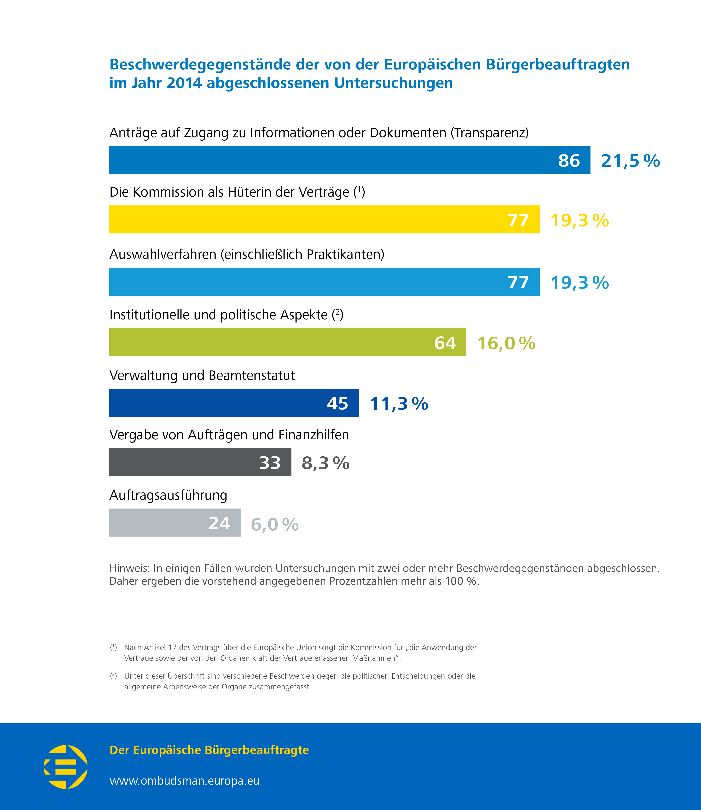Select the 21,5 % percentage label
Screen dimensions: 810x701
pos(630,161)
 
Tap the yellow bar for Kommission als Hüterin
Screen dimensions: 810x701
pos(305,220)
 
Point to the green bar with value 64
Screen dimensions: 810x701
pos(274,342)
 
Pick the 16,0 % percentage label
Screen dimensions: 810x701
pos(506,343)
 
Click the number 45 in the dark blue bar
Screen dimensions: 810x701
pos(337,403)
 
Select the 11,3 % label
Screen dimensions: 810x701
pos(399,404)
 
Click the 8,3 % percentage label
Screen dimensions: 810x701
pos(325,463)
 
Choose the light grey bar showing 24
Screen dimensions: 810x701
pos(164,523)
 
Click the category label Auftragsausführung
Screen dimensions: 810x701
pos(168,495)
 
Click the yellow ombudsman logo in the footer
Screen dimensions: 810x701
pos(66,767)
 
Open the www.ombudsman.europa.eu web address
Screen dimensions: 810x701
pos(184,781)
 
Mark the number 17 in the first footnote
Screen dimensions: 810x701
pos(172,647)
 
